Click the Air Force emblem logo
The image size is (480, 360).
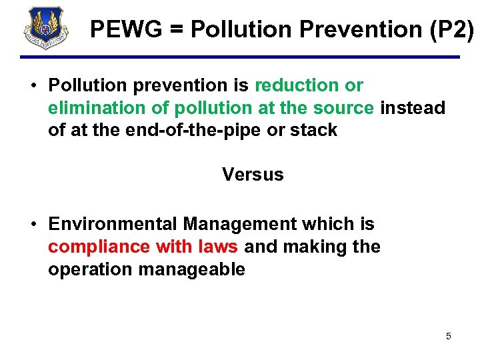(x=45, y=28)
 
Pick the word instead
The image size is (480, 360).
(x=413, y=108)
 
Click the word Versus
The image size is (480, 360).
(x=253, y=175)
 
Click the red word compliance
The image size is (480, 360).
(x=99, y=247)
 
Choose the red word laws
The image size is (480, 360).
(x=218, y=247)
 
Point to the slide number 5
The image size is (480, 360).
(x=449, y=336)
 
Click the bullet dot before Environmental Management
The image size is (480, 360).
(x=33, y=225)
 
